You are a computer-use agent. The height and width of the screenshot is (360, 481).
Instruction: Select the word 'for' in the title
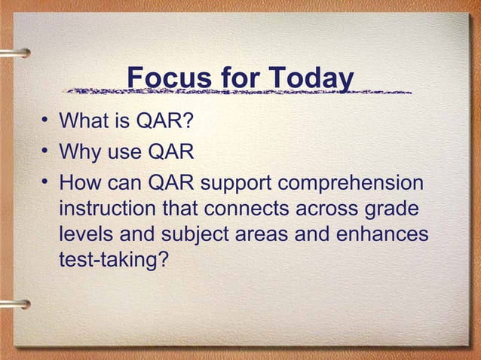coord(237,78)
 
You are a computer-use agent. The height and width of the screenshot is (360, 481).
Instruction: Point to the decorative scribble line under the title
coord(238,93)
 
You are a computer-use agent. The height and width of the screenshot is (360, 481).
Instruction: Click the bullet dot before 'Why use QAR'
coord(45,153)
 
